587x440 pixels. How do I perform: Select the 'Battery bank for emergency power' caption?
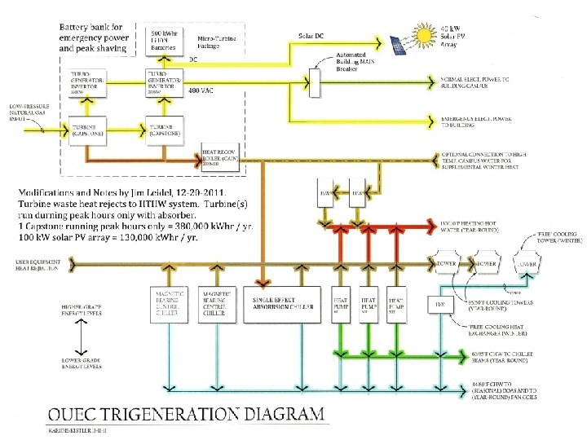93,37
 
